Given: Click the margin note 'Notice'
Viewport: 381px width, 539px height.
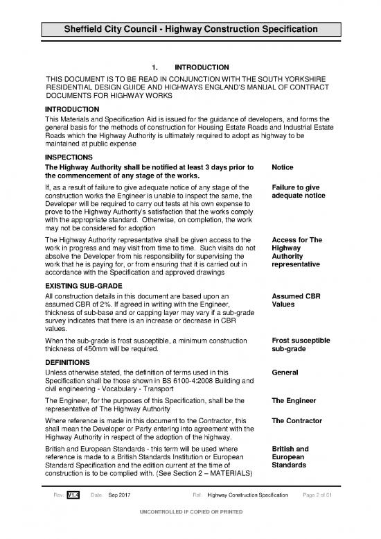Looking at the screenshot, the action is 284,168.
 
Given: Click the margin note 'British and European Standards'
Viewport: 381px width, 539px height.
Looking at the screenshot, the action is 296,457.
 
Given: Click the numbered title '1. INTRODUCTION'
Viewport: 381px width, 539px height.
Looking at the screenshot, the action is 190,67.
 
